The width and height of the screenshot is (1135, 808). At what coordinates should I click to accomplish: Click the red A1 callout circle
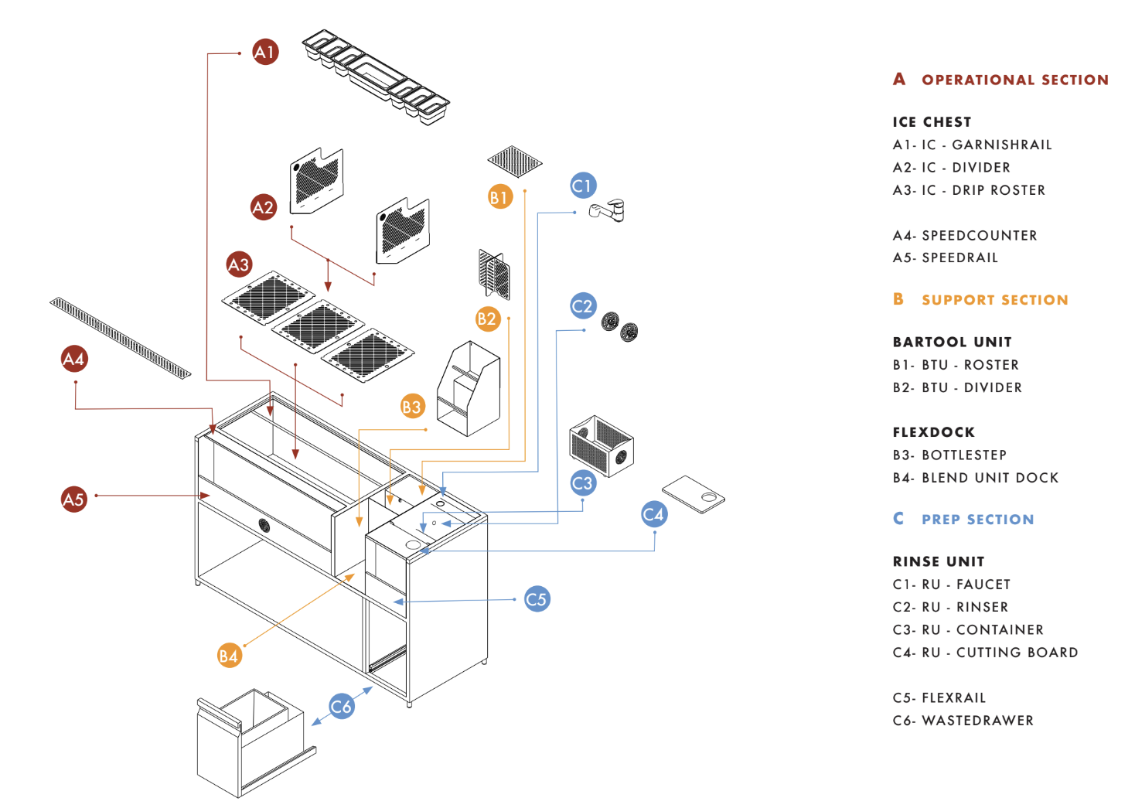click(x=265, y=52)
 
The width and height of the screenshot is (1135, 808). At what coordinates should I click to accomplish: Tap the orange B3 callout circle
click(x=412, y=407)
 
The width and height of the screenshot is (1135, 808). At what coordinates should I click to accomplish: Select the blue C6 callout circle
click(x=341, y=706)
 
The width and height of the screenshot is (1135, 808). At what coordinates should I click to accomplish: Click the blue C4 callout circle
click(x=654, y=514)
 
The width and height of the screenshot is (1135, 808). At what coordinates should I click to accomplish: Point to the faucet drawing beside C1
click(x=608, y=210)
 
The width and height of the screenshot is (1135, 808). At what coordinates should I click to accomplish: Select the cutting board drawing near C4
click(x=694, y=494)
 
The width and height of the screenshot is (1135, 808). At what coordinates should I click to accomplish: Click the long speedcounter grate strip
click(x=120, y=338)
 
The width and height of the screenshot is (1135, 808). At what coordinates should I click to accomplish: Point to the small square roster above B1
click(x=515, y=161)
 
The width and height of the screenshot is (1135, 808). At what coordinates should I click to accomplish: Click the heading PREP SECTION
click(x=977, y=520)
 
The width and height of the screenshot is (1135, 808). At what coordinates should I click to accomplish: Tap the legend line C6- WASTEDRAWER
click(x=963, y=721)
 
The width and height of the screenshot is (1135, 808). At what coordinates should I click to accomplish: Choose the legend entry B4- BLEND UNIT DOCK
click(x=975, y=478)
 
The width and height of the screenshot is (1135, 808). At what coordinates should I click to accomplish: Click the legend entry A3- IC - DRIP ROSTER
click(x=969, y=190)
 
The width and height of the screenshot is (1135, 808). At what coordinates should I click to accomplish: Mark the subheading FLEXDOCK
click(x=933, y=432)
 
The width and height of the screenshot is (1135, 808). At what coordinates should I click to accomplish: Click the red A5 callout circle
click(x=73, y=499)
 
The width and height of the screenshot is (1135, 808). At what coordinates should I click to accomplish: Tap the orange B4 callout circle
click(x=229, y=656)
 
